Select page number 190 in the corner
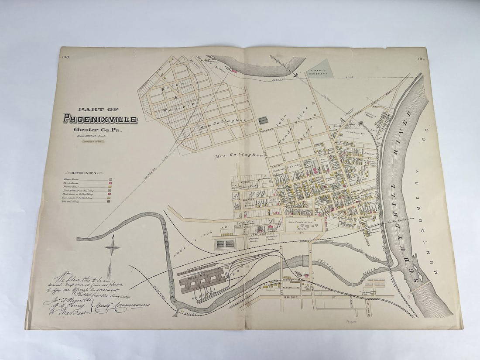(66, 57)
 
